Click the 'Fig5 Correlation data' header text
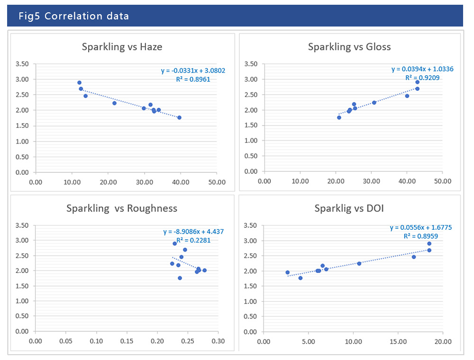click(73, 16)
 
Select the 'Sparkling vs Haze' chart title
click(122, 46)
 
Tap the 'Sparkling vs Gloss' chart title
click(349, 46)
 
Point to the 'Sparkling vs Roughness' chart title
click(122, 208)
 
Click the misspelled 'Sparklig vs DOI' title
click(349, 208)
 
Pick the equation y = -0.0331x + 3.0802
click(193, 71)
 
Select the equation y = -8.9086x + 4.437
click(193, 232)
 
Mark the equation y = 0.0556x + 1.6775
click(421, 227)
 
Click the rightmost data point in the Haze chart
click(179, 117)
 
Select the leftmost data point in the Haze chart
click(79, 82)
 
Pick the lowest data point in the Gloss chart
click(339, 117)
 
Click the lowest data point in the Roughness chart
click(180, 278)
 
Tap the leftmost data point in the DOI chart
click(287, 272)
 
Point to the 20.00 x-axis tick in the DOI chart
click(443, 341)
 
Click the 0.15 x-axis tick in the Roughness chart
click(127, 341)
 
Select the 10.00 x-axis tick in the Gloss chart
click(300, 181)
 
